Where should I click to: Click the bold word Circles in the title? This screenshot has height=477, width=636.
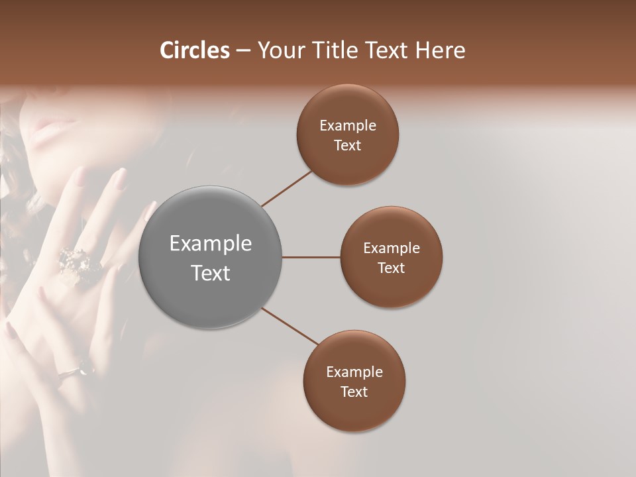[194, 50]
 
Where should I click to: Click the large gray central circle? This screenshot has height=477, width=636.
[210, 258]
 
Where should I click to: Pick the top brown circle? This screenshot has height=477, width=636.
[347, 134]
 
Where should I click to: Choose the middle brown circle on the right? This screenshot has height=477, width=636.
[391, 257]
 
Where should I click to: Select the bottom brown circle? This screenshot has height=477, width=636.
[354, 381]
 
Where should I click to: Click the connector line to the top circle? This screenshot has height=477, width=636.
[286, 188]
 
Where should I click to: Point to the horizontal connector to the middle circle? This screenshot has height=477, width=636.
[311, 257]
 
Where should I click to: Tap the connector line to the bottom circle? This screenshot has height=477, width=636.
[290, 326]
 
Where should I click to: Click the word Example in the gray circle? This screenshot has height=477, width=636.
[210, 244]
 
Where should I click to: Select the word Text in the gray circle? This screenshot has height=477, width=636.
[210, 273]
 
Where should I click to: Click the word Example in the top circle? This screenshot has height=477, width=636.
[347, 125]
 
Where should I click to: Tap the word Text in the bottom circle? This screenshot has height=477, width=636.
[354, 392]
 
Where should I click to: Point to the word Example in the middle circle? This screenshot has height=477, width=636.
[391, 248]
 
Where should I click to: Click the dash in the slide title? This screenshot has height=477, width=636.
[243, 51]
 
